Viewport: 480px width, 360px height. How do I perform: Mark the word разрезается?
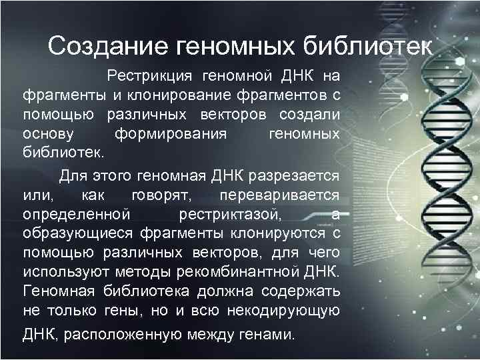298,177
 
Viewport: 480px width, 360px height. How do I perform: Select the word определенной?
75,215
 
